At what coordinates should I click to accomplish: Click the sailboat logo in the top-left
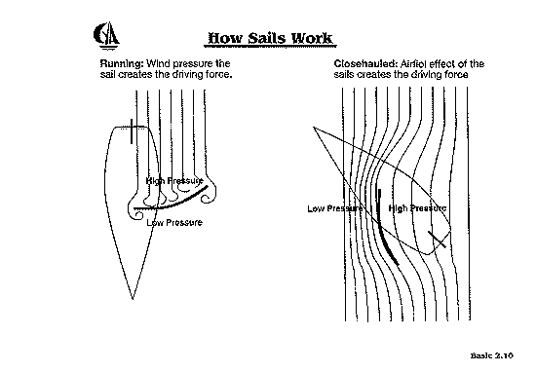point(106,36)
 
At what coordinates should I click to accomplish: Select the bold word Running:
point(122,64)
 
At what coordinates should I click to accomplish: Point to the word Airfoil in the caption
point(413,64)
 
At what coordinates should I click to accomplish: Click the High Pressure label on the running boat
point(174,181)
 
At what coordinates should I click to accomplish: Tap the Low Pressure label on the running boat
point(174,223)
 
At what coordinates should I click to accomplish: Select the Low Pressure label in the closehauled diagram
point(335,208)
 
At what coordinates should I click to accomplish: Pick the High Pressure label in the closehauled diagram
point(417,208)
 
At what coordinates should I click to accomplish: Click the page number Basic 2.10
point(491,355)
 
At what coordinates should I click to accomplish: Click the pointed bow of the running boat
point(133,299)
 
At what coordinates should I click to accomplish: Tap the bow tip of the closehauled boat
point(314,128)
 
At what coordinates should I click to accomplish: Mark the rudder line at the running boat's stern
point(132,131)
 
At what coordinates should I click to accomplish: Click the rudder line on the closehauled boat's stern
point(437,240)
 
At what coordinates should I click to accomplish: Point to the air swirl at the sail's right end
point(210,196)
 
